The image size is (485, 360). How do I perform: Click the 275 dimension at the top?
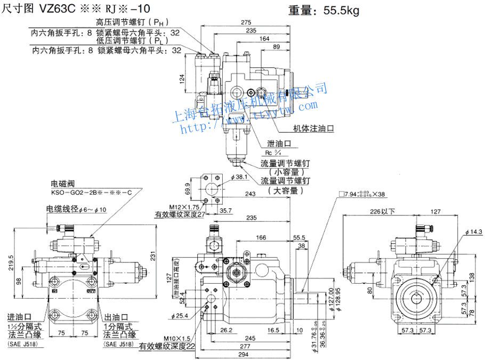pos(246,22)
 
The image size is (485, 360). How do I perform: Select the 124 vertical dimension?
pos(181,80)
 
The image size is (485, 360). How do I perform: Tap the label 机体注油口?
pos(313,129)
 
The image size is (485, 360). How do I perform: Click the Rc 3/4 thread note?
pos(272,153)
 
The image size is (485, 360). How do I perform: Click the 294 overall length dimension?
pos(245,355)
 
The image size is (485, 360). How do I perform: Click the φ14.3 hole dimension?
pos(473,233)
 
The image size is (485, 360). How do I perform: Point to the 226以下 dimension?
pos(383,212)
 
